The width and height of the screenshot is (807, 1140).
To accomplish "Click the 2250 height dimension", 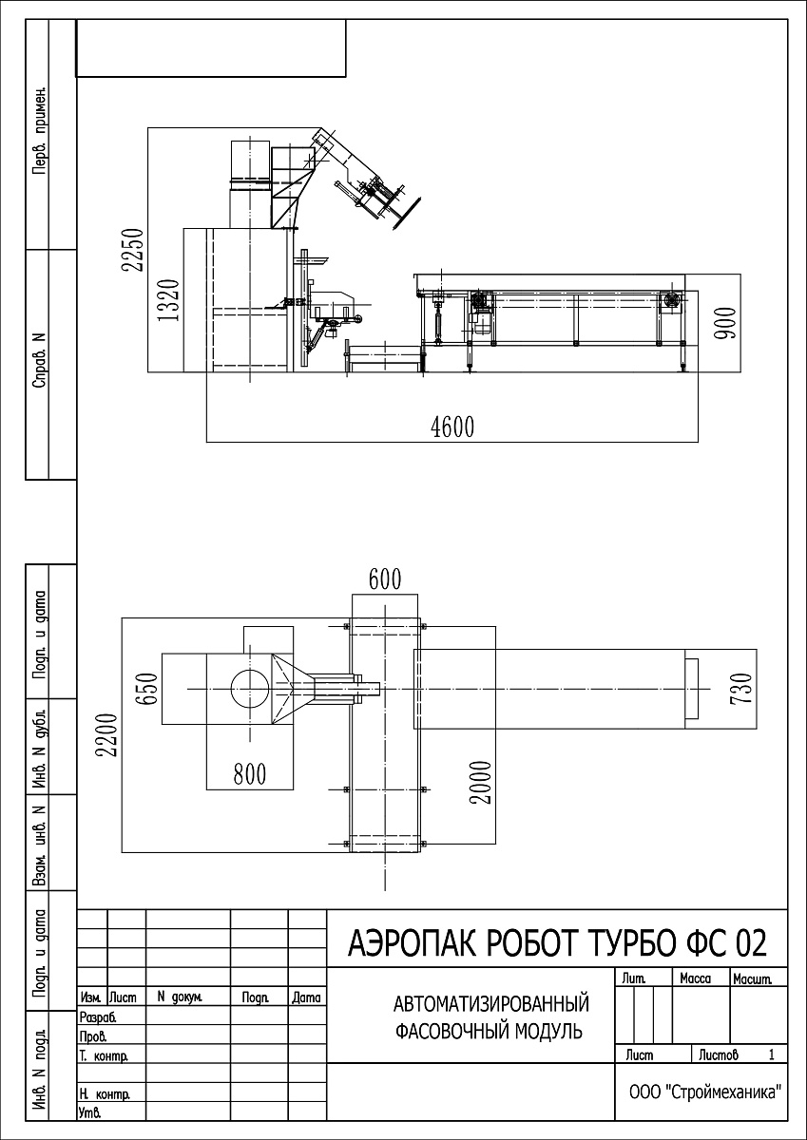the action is click(x=132, y=250).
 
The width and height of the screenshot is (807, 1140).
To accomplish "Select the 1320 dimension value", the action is click(x=169, y=300).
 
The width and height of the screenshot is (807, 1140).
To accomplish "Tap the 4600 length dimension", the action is click(x=452, y=427).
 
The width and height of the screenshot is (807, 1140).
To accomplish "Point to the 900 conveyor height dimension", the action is click(x=725, y=324).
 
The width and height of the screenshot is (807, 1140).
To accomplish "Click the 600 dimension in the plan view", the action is click(x=385, y=579).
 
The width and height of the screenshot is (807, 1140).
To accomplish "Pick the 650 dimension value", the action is click(x=147, y=688).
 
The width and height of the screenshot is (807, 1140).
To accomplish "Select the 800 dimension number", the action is click(x=249, y=774).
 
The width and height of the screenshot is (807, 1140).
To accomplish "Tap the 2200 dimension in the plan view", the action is click(x=108, y=735).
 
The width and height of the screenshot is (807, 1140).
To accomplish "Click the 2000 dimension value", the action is click(x=481, y=783).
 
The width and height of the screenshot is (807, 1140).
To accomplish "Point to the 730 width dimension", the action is click(x=740, y=689).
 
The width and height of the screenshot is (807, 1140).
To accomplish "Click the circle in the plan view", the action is click(x=249, y=688).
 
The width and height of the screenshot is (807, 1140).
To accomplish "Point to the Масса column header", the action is click(x=696, y=978).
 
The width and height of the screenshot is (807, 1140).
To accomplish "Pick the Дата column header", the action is click(x=306, y=997).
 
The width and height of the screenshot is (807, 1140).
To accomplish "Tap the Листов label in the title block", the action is click(x=719, y=1055).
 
